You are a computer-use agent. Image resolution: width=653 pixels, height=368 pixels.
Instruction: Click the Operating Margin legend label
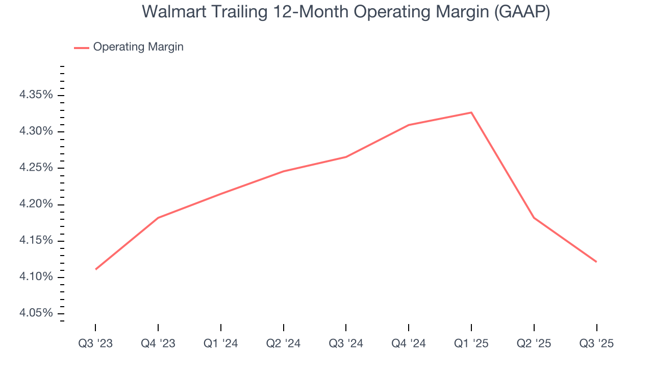pos(138,47)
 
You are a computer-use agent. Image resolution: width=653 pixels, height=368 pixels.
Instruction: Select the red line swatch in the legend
pos(82,48)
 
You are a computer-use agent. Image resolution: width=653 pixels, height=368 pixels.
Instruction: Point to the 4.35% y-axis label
pos(36,95)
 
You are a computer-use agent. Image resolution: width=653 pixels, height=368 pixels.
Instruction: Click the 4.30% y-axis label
pos(36,131)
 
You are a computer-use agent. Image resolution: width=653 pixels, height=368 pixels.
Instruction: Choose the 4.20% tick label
pos(36,204)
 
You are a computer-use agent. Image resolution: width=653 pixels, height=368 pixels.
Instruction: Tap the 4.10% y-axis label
pos(36,277)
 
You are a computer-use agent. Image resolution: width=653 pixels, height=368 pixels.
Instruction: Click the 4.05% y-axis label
pos(36,313)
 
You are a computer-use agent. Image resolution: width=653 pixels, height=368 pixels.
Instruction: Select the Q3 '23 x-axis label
pos(95,344)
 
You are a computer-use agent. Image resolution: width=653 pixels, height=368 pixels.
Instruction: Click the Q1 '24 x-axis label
pos(221,344)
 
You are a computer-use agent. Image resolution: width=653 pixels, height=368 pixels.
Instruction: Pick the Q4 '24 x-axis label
pos(409,344)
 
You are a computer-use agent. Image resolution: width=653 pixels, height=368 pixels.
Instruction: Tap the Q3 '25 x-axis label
pos(596,344)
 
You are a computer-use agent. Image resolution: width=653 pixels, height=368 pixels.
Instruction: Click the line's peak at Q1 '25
pos(471,112)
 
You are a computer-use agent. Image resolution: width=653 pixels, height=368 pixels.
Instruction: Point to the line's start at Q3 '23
pos(96,269)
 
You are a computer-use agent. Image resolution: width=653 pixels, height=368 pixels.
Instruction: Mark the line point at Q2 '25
pos(534,218)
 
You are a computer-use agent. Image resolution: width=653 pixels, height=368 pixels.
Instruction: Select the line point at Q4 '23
pos(158,218)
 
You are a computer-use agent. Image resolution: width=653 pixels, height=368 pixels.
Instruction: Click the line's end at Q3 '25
pos(596,262)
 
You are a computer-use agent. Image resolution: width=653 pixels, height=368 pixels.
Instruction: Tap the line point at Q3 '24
pos(346,157)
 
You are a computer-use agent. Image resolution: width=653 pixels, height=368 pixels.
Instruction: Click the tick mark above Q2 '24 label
pos(283,328)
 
